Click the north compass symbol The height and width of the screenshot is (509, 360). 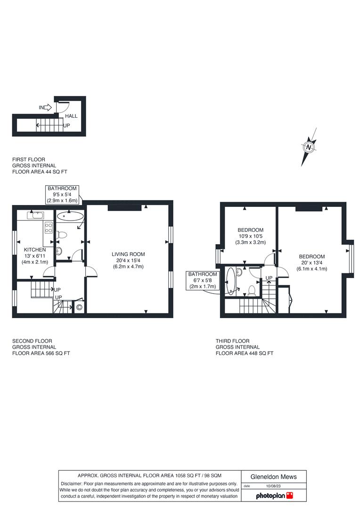tap(309, 147)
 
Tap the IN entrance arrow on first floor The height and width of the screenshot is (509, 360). tap(45, 107)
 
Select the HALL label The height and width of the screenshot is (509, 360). tap(71, 116)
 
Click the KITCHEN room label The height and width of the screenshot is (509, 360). tap(35, 249)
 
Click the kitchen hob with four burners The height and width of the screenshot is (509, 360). tap(48, 228)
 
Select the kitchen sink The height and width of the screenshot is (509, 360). tap(35, 216)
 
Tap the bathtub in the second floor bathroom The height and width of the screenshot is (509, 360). tap(70, 216)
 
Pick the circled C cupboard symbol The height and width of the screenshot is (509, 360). tap(79, 308)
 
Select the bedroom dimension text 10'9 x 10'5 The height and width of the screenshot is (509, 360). tap(250, 236)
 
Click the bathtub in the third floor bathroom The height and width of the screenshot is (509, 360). tap(230, 281)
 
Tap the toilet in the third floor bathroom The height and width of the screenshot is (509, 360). tap(252, 290)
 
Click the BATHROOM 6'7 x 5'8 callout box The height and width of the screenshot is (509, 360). tap(203, 280)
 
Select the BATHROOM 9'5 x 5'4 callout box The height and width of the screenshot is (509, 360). tap(62, 194)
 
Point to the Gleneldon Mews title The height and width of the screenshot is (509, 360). tap(274, 476)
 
